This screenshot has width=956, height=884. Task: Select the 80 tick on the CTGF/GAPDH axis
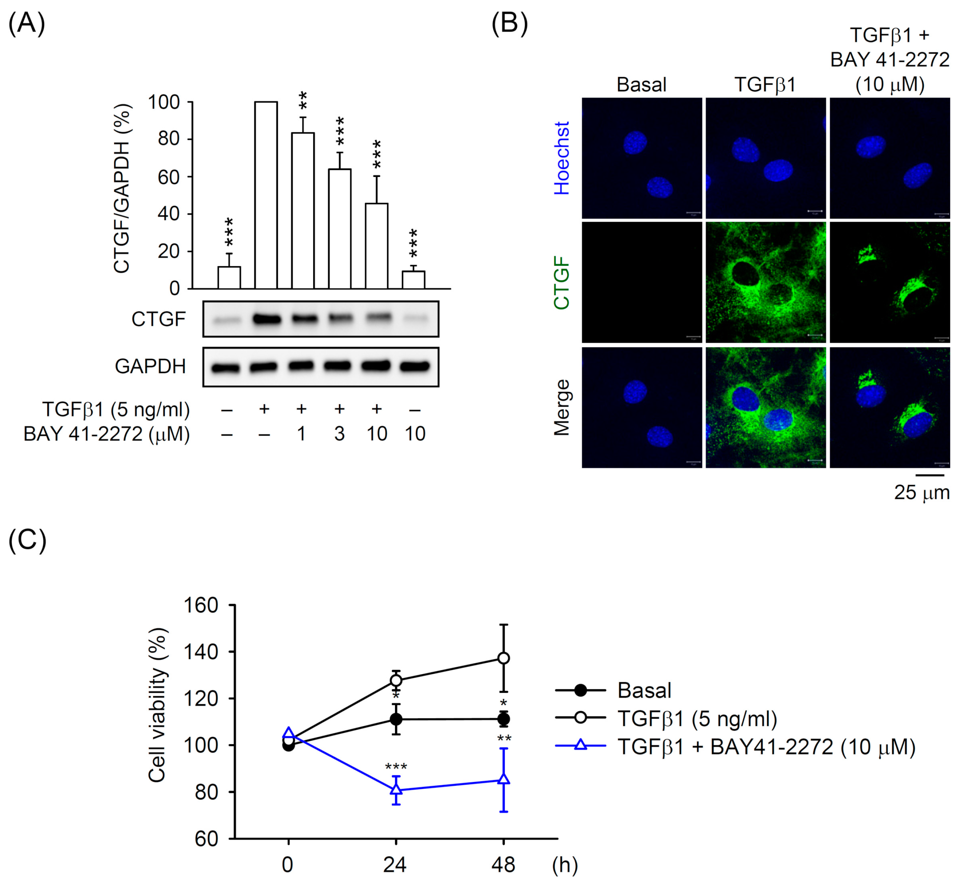(169, 139)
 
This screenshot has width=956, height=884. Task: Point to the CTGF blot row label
(158, 319)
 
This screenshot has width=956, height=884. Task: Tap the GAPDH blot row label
(150, 366)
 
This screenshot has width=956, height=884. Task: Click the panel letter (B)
(510, 23)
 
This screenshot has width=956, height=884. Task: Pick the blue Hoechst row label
(562, 158)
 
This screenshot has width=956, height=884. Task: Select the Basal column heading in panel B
(641, 85)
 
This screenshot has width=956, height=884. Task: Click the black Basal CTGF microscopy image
(641, 282)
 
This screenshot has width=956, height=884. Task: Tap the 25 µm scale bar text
(921, 493)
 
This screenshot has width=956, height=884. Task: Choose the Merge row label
(562, 407)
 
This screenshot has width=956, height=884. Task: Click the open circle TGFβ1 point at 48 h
(503, 658)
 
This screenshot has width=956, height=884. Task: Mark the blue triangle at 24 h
(396, 789)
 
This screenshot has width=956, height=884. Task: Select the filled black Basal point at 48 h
(503, 719)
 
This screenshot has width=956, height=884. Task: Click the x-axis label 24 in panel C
(395, 865)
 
